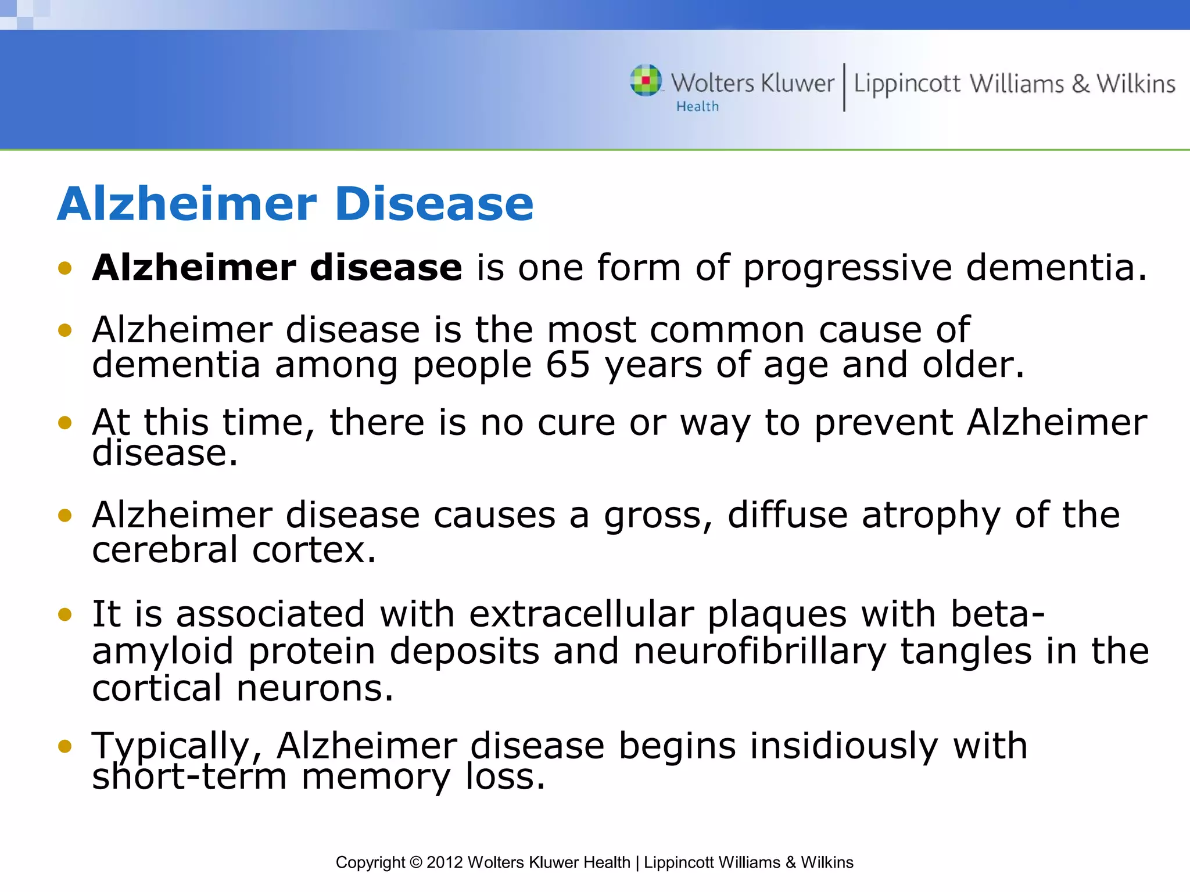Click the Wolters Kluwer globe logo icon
pos(646,80)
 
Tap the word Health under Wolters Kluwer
pos(697,107)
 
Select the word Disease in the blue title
pos(434,204)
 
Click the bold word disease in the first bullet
pos(386,268)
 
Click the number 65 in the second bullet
pos(568,365)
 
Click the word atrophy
pos(931,516)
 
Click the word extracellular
pos(581,614)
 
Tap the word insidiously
pos(844,746)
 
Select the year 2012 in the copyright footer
pos(445,862)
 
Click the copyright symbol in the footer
pos(415,862)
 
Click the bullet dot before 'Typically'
pos(65,746)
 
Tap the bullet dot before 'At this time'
pos(65,423)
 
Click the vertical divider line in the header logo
pos(844,87)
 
